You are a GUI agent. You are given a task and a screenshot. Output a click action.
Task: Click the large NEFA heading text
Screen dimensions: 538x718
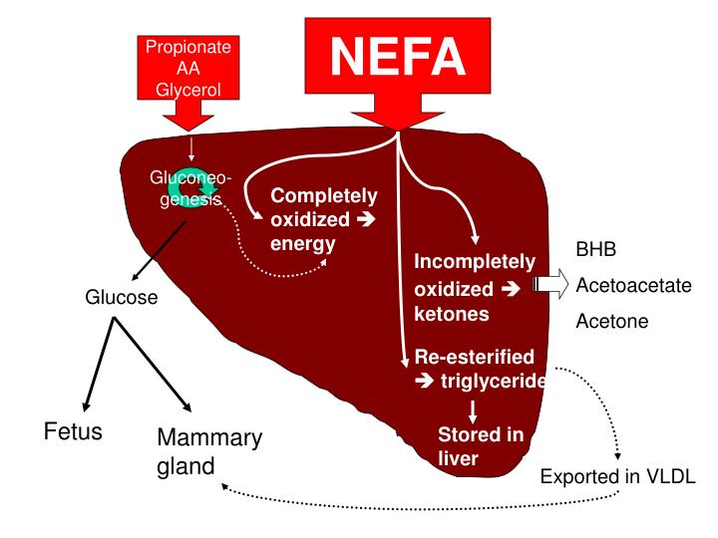pos(398,58)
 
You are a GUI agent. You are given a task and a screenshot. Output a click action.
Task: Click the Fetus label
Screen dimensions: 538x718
pos(74,432)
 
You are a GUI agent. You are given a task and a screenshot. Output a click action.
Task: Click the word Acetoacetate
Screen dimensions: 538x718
pos(633,286)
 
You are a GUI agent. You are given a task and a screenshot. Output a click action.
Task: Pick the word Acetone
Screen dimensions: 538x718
pos(611,322)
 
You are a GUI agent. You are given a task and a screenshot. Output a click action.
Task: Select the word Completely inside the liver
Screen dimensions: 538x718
pos(324,195)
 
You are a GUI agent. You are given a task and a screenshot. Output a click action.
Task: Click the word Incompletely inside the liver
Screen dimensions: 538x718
pos(475,263)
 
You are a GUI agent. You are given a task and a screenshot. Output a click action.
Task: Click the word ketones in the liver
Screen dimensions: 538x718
pos(452,314)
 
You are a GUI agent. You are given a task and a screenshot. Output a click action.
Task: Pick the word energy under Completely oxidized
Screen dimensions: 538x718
pos(302,243)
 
